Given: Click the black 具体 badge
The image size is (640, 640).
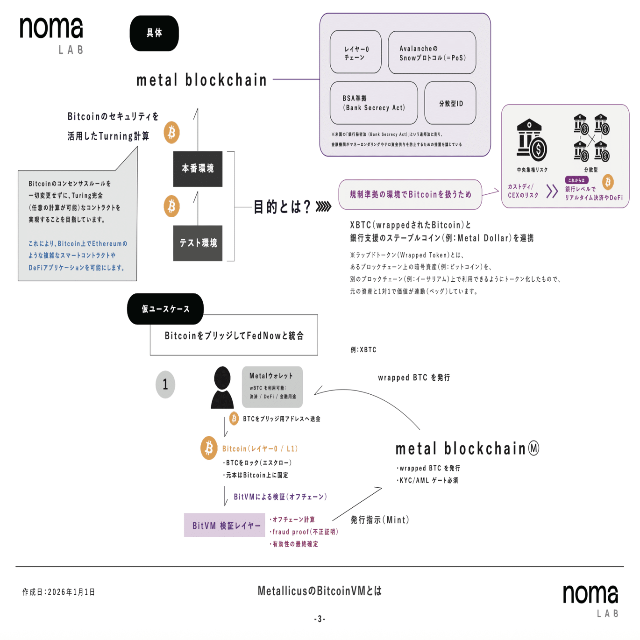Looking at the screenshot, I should click(154, 33).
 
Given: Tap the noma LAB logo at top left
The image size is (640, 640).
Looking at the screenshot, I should click(51, 35).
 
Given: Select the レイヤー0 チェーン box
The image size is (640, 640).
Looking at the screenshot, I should click(356, 52).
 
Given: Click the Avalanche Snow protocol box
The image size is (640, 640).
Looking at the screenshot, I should click(432, 53).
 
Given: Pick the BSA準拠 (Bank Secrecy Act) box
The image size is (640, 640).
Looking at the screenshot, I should click(374, 103).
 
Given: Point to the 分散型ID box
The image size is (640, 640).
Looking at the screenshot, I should click(450, 103).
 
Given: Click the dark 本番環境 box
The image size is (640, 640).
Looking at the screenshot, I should click(198, 169).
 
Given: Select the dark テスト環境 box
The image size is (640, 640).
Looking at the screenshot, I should click(198, 243).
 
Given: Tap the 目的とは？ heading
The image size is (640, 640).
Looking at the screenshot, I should click(282, 206).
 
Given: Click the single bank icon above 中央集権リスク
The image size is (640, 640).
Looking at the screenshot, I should click(531, 140).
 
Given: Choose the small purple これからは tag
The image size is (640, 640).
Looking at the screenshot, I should click(576, 180).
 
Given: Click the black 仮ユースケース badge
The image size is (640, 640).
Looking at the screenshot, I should click(165, 309).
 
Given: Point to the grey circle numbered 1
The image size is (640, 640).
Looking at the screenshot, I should click(165, 384).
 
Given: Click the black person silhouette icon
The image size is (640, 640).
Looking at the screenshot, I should click(222, 387).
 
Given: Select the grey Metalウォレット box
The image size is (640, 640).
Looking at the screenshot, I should click(272, 386).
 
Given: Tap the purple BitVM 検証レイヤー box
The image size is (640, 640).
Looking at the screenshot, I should click(225, 525).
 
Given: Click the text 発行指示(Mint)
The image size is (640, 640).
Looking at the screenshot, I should click(380, 520).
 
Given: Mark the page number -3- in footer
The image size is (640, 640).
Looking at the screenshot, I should click(320, 619).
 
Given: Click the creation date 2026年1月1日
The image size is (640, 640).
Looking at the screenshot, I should click(59, 592).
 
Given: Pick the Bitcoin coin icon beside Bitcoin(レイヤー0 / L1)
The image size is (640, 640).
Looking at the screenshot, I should click(209, 448).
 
